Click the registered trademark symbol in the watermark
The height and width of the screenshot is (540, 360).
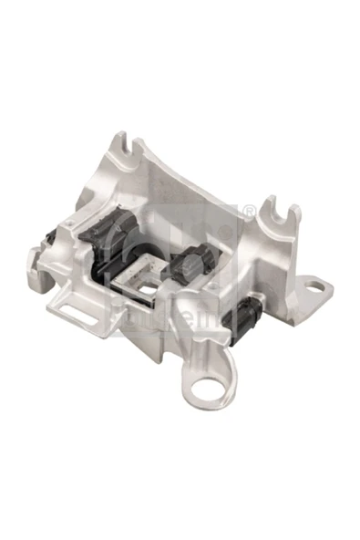(x=248, y=212)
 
